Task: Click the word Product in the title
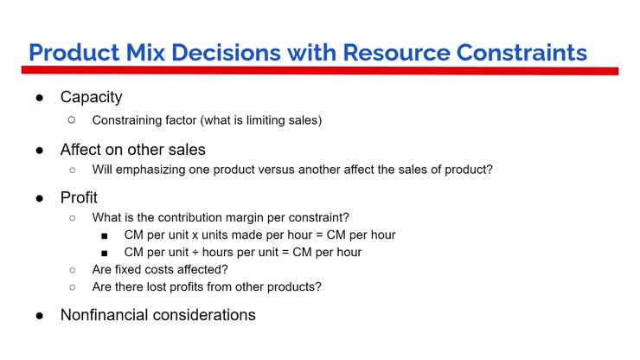pos(72,52)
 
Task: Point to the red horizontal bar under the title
pos(320,71)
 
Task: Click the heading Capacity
pos(91,97)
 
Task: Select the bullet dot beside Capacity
pos(40,98)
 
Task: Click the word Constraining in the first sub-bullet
pos(129,120)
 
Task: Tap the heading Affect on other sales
pos(132,150)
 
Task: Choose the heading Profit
pos(79,197)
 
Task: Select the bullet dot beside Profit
pos(40,198)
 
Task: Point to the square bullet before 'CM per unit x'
pos(104,235)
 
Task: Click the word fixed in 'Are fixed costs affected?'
pos(129,269)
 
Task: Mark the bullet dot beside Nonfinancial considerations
pos(40,316)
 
